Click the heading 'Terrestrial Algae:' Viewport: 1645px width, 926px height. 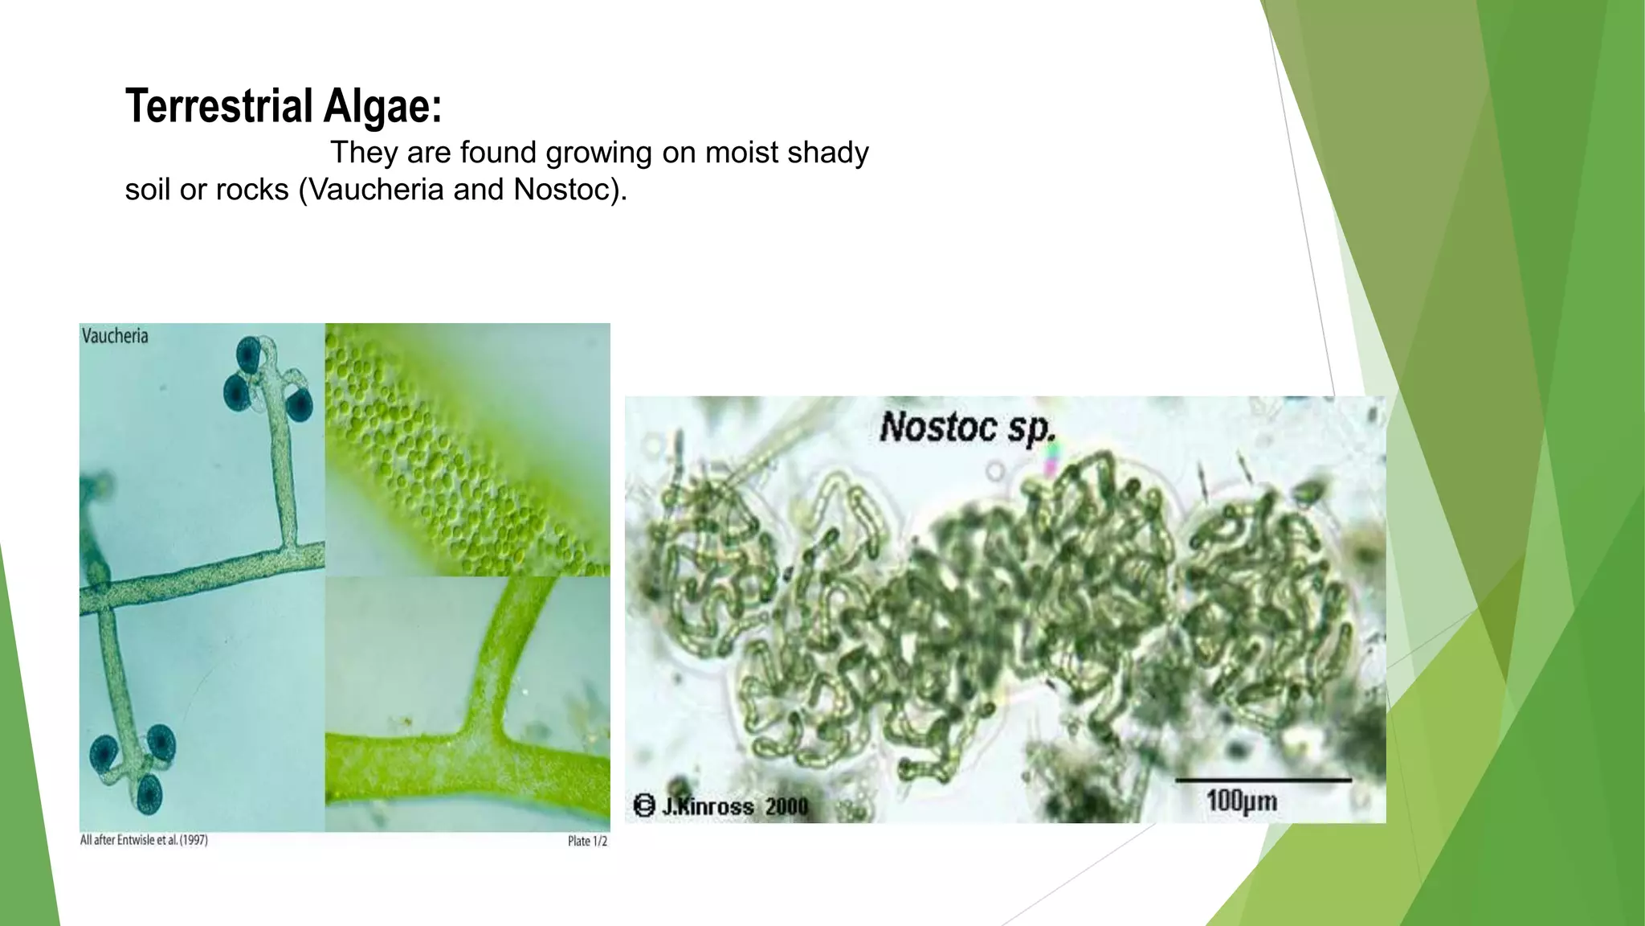coord(284,106)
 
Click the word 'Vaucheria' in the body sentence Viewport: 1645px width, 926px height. coord(377,190)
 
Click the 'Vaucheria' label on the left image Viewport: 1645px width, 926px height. coord(115,336)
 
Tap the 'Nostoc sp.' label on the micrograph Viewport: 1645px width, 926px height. coord(966,427)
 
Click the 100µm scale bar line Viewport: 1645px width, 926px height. coord(1263,780)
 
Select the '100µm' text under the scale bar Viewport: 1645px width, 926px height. coord(1241,801)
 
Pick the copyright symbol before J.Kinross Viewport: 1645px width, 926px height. coord(644,805)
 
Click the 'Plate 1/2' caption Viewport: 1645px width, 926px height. coord(587,841)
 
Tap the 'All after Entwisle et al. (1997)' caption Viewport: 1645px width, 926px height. coord(144,840)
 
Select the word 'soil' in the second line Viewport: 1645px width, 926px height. coord(150,190)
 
